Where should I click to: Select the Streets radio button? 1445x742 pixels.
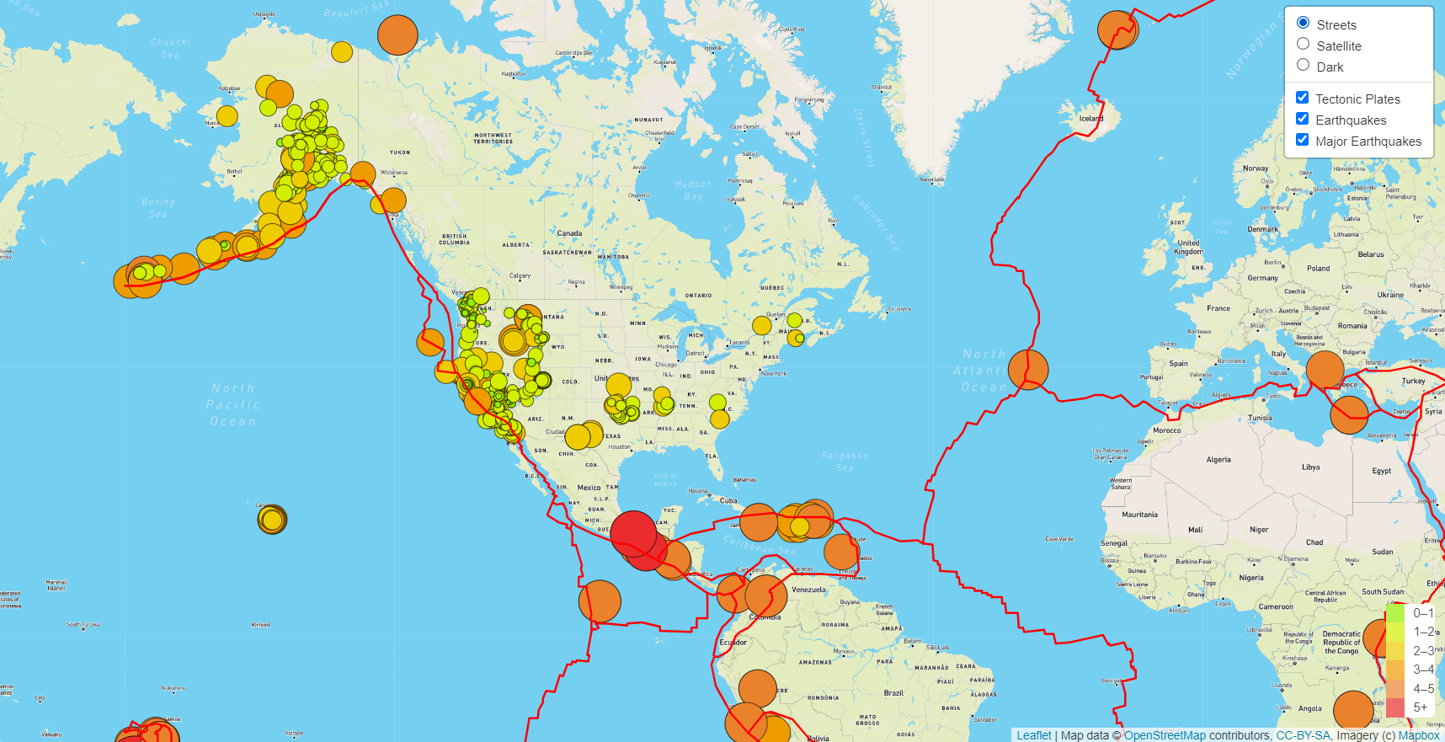1304,23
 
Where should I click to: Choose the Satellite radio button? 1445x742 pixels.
1304,44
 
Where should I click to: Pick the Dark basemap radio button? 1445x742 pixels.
1304,65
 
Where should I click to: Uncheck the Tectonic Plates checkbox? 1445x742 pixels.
1303,98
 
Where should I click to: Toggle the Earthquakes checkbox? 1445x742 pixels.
1303,119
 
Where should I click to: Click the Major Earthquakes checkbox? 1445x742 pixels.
1303,140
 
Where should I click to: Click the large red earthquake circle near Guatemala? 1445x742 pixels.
633,532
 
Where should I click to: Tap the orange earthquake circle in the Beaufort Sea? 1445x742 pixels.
397,35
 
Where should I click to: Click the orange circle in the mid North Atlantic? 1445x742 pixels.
1028,369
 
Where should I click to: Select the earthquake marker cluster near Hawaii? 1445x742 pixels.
272,519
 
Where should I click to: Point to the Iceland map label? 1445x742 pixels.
1090,119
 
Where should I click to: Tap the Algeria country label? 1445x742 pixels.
1218,460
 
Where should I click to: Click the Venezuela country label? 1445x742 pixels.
808,590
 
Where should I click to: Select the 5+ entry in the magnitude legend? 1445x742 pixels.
1420,707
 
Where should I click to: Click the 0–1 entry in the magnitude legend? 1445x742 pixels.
1422,613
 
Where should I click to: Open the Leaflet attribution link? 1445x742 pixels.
1034,735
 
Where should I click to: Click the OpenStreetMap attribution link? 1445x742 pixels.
1165,735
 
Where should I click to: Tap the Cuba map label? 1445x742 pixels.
728,500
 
